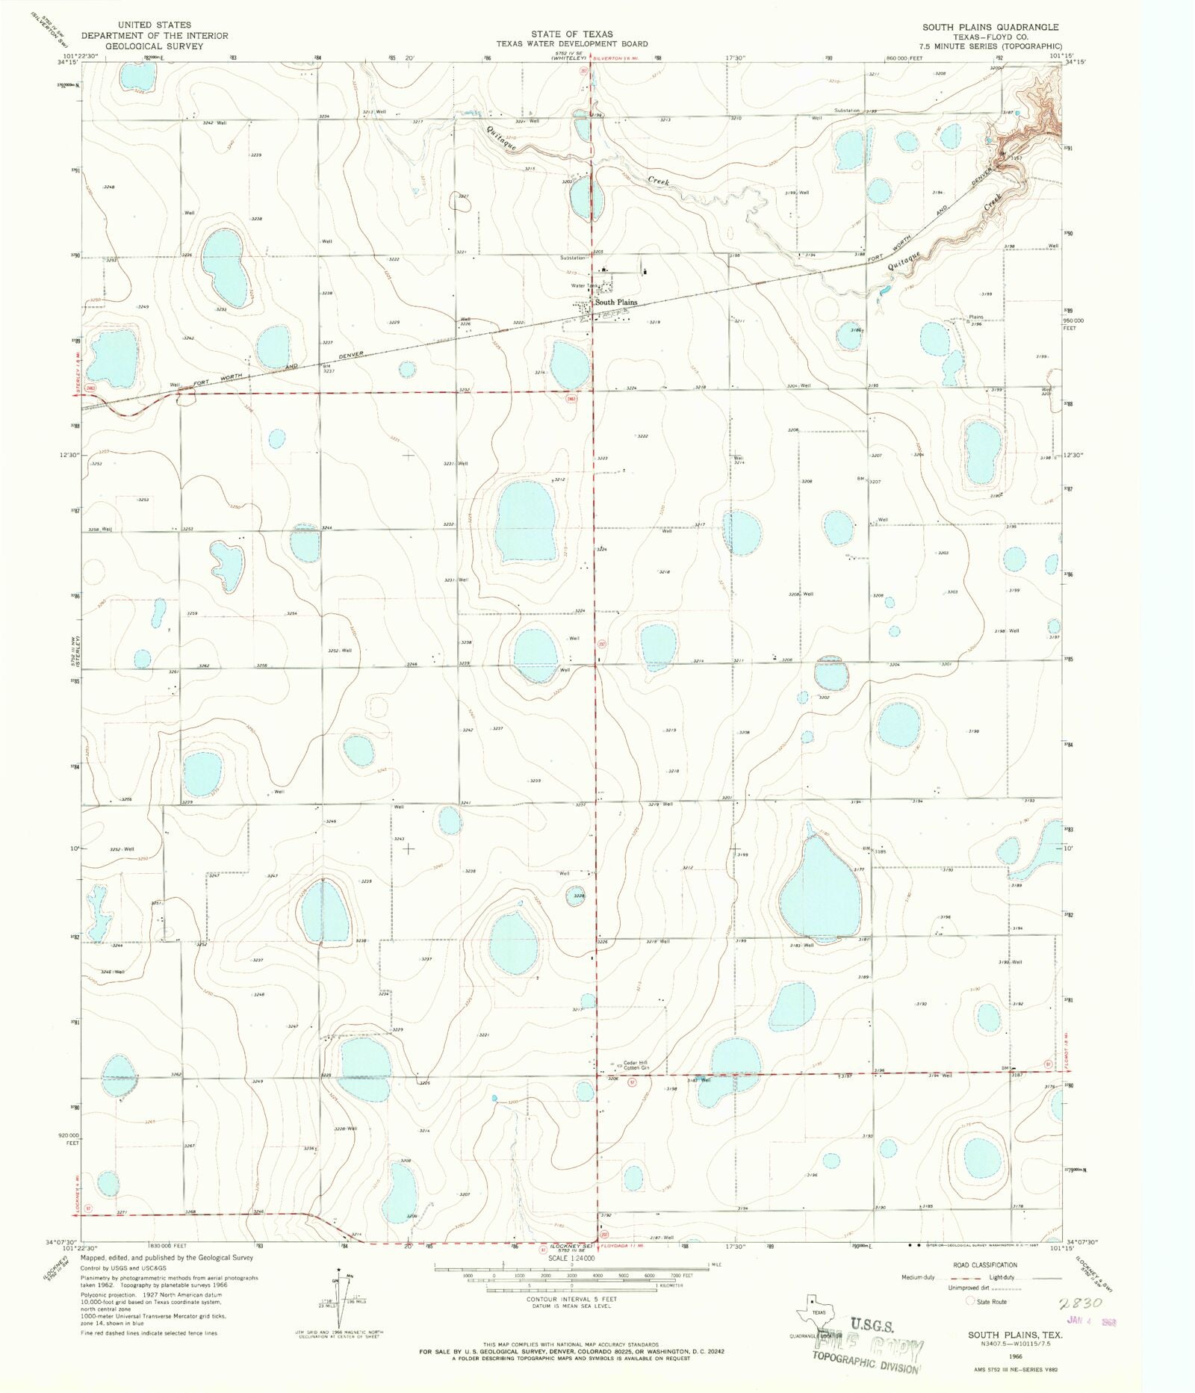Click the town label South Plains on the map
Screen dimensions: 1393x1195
tap(615, 303)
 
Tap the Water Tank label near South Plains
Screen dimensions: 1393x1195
tap(585, 285)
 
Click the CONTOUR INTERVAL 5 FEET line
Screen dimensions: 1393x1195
tap(571, 1299)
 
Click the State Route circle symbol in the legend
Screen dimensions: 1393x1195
tap(971, 1301)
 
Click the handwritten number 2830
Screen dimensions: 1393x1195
tap(1080, 1303)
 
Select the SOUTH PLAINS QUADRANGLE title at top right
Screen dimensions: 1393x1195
tap(990, 27)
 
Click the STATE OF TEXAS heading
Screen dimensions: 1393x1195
tap(572, 34)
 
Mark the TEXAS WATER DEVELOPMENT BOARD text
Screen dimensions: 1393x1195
tap(572, 44)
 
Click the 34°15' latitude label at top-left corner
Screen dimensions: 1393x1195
tap(66, 62)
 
